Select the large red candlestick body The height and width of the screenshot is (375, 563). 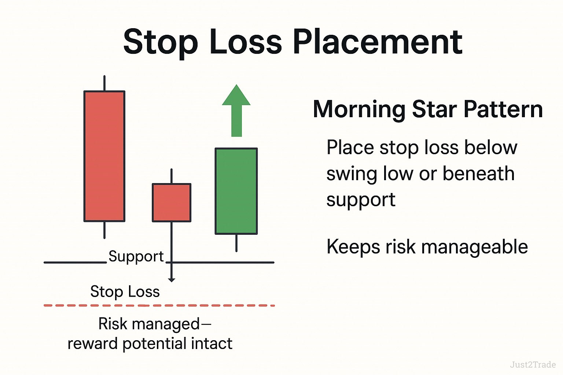coord(104,156)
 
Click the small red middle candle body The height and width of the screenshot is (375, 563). coord(172,203)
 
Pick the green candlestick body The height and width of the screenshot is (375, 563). coord(236,191)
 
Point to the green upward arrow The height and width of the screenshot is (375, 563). coord(236,110)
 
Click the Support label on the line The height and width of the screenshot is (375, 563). coord(136,256)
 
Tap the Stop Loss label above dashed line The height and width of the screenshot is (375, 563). coord(125,292)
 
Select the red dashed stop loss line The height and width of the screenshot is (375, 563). coord(159,305)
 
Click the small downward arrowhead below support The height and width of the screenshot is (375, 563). coord(172,280)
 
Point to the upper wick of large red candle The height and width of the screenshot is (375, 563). coord(104,83)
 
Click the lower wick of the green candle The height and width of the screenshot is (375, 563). coord(236,243)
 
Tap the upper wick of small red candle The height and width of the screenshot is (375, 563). coord(172,176)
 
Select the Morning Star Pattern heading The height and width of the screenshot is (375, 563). coord(428,109)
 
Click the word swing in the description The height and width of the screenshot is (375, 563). coord(352,174)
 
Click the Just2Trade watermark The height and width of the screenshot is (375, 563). coord(533,364)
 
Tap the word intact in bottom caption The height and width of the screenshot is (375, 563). coord(212,344)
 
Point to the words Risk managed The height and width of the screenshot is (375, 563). coord(149,324)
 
